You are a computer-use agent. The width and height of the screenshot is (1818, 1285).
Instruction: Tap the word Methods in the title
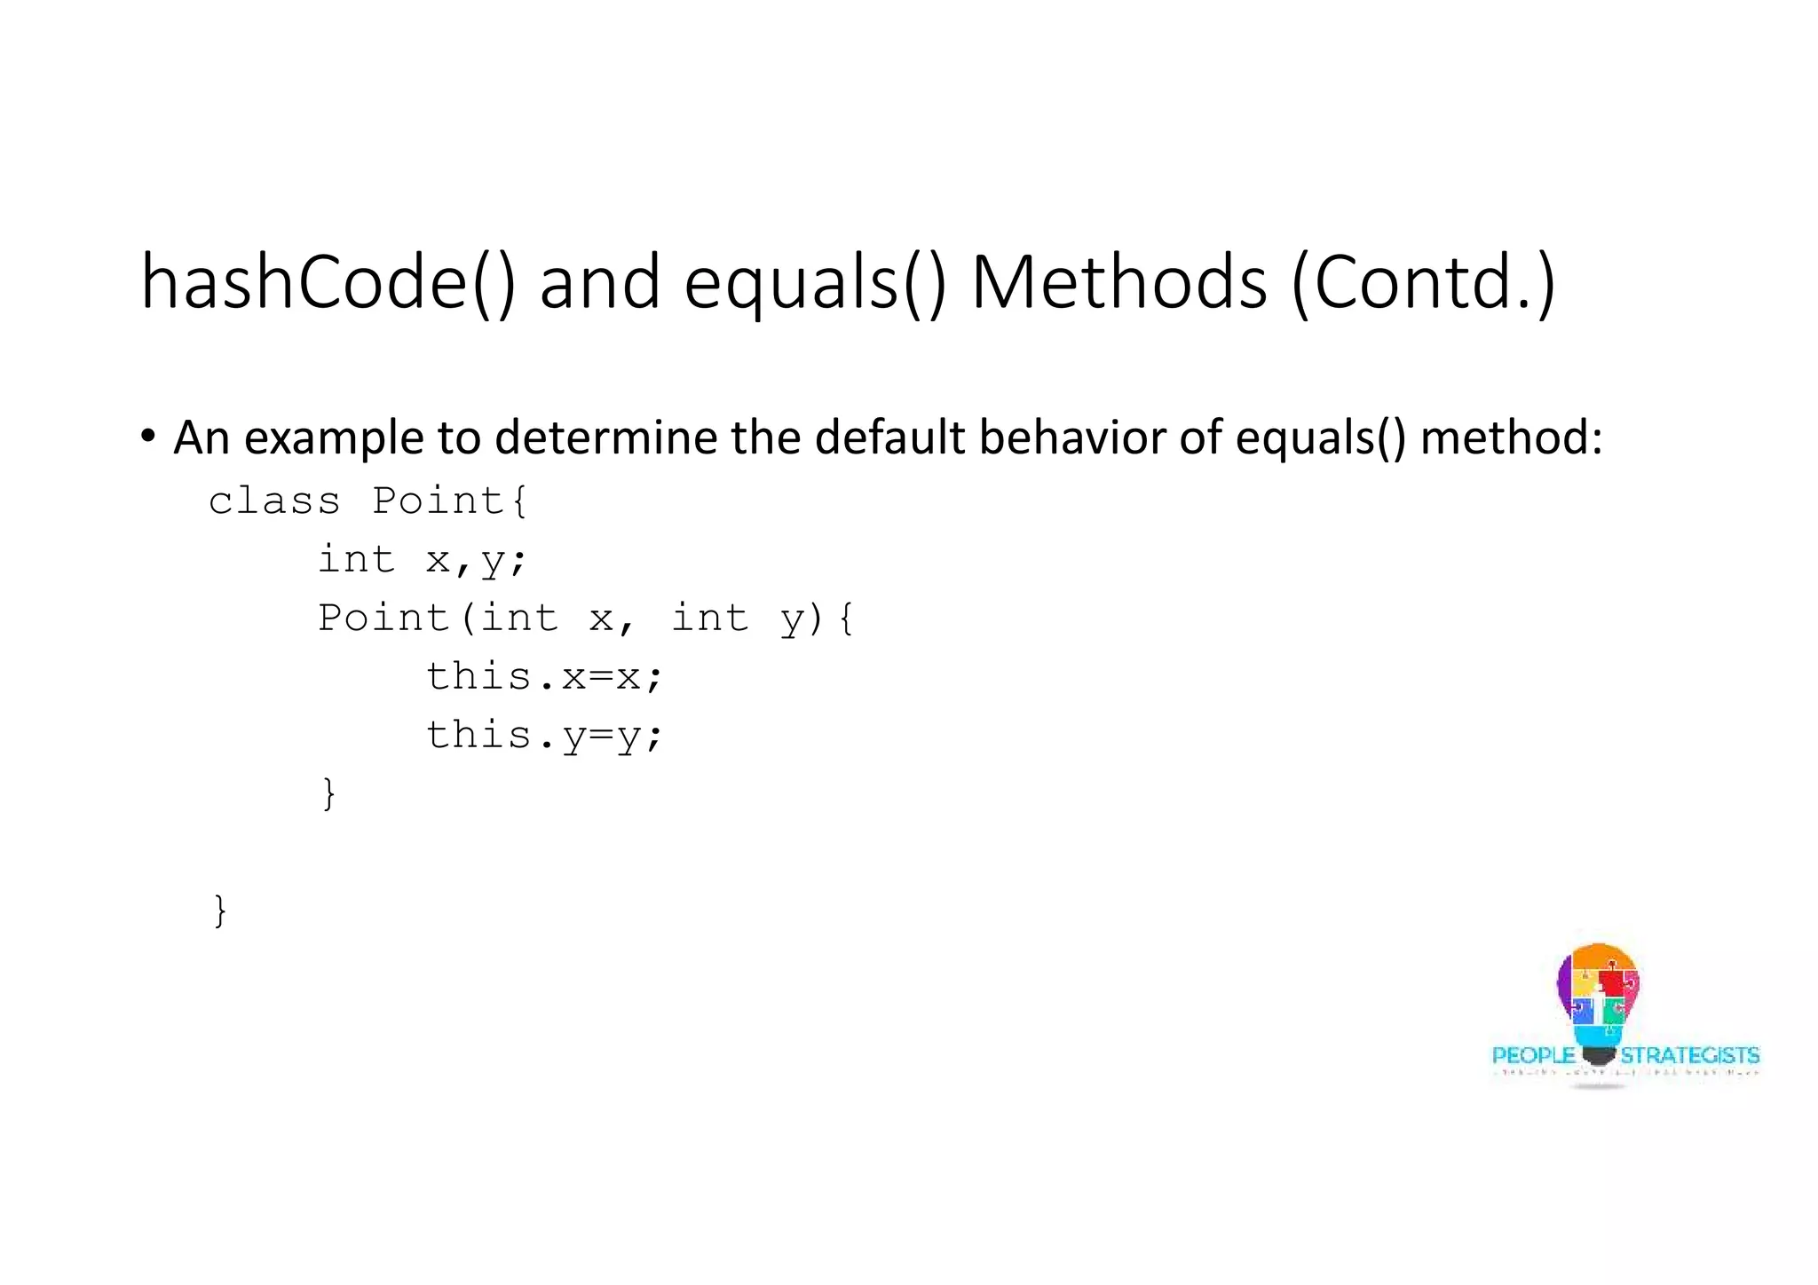(1118, 282)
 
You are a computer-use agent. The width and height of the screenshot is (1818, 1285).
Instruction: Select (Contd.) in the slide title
(1422, 282)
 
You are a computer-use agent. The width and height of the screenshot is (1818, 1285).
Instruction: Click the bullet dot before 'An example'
(148, 437)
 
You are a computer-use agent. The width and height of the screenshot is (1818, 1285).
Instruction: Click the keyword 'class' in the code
(274, 501)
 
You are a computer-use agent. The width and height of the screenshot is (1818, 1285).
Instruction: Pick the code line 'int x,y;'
(423, 560)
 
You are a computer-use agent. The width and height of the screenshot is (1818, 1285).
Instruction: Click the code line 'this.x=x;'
(544, 677)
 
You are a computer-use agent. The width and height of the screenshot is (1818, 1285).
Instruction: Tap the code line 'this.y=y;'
(544, 736)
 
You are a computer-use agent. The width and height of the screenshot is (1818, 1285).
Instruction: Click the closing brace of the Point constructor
(328, 792)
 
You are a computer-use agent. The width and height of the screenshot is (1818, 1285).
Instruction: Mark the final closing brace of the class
(220, 911)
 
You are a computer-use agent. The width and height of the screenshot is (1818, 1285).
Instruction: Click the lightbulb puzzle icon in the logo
(1598, 998)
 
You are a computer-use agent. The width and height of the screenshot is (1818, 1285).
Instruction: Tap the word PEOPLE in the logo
(1533, 1055)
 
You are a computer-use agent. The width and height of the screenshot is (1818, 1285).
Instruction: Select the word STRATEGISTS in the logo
(1689, 1055)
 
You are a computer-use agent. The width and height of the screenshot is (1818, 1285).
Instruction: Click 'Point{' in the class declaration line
(450, 501)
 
